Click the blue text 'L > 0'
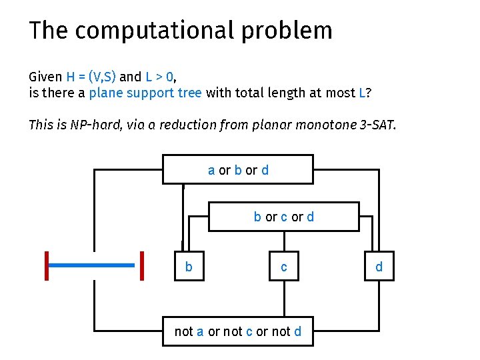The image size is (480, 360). point(160,77)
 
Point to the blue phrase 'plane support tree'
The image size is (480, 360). point(145,93)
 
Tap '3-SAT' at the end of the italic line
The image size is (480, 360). point(377,125)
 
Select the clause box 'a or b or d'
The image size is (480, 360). point(238,169)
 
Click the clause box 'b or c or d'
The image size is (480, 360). point(283,217)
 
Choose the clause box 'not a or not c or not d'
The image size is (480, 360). point(237,331)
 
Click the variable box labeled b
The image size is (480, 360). point(189,267)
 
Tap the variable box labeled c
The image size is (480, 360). point(284,267)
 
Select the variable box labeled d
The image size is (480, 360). point(379,267)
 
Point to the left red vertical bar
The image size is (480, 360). point(47,265)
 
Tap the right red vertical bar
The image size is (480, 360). point(142,265)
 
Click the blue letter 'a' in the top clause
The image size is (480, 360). point(211,170)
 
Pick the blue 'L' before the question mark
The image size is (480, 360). point(362,93)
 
